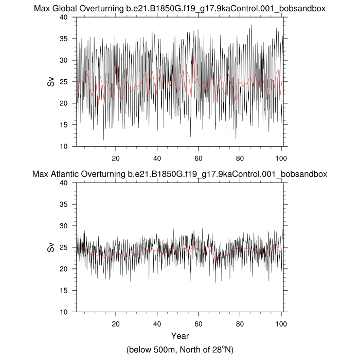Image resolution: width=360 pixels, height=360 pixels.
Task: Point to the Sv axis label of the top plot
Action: click(51, 81)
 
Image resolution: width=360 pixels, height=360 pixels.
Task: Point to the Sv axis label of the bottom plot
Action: click(51, 247)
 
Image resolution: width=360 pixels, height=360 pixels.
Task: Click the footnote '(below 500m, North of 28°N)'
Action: click(179, 350)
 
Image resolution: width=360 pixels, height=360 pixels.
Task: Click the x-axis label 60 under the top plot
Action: click(199, 158)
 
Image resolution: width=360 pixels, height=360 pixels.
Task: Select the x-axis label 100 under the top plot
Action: click(281, 158)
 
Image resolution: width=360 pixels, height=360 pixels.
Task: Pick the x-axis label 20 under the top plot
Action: click(116, 158)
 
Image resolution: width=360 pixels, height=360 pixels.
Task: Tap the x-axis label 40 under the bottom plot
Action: click(157, 323)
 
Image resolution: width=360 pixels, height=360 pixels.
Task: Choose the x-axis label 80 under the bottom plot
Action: click(240, 323)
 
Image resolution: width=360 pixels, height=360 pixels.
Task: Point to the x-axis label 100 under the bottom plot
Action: click(281, 323)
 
